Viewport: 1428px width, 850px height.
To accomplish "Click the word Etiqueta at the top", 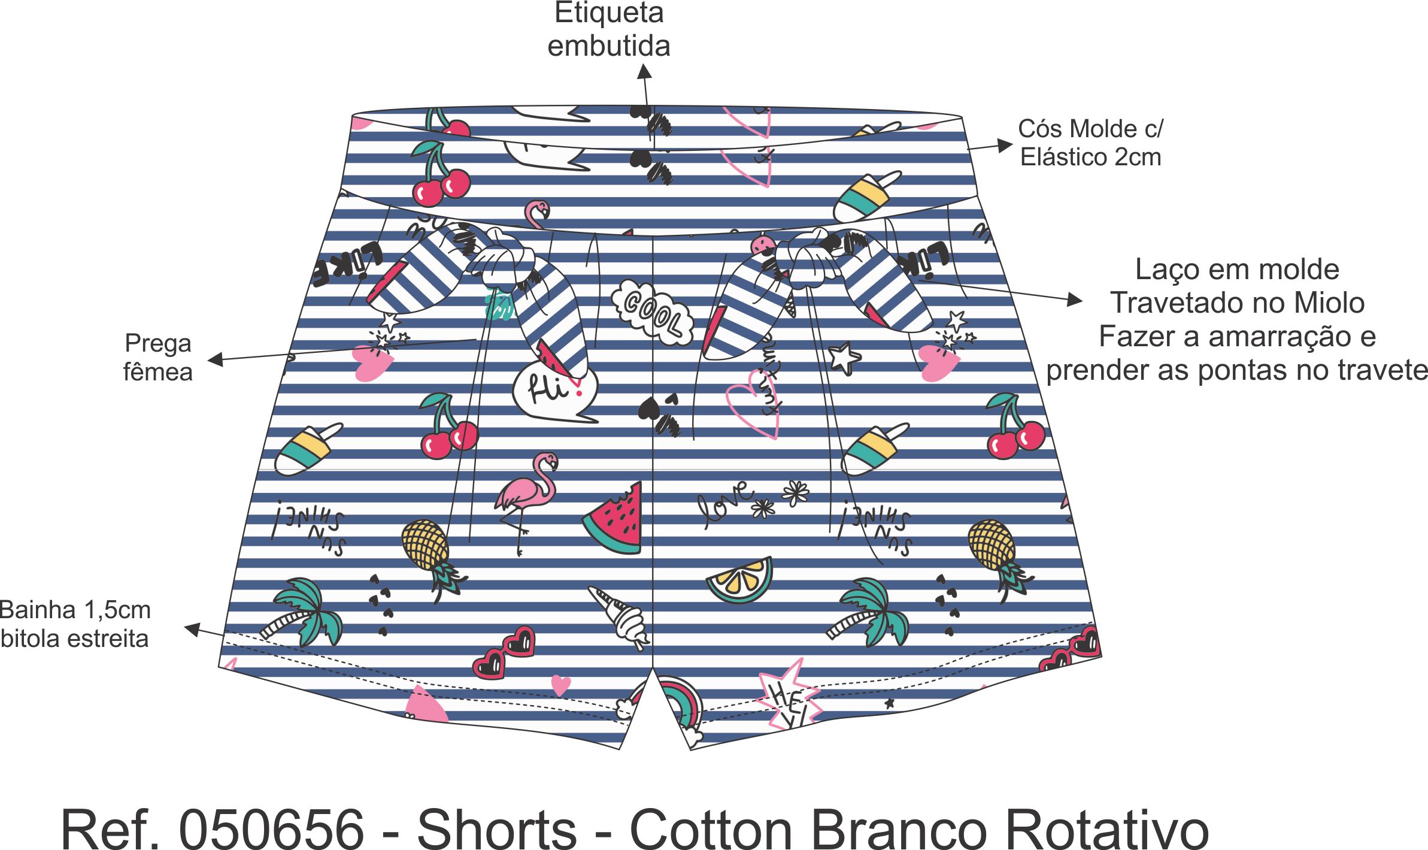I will (x=609, y=13).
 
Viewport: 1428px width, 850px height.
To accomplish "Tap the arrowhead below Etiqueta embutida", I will (x=644, y=72).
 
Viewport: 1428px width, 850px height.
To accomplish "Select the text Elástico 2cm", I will (x=1090, y=158).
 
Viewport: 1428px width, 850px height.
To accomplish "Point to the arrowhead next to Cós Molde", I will (x=1004, y=146).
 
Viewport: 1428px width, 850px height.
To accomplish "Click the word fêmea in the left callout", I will (x=158, y=373).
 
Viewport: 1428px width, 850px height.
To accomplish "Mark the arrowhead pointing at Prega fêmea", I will (x=216, y=359).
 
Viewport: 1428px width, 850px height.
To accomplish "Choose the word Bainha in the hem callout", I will (x=37, y=610).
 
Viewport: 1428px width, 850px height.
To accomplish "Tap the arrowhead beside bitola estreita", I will (x=192, y=629).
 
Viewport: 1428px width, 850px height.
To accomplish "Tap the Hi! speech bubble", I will (x=554, y=391).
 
